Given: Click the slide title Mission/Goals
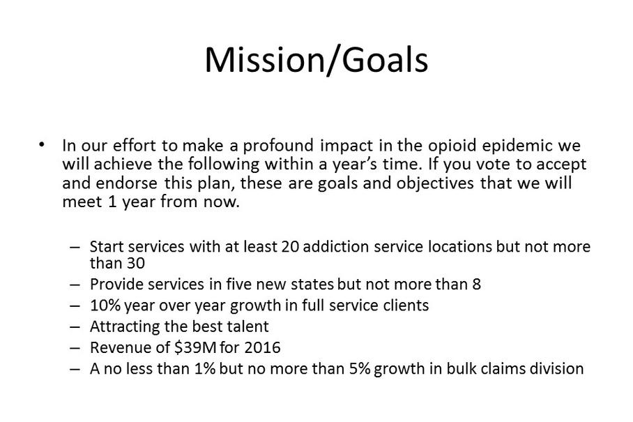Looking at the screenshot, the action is [x=316, y=60].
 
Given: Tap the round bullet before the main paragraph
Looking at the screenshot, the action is [x=41, y=144].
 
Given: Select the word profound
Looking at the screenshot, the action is [x=278, y=146].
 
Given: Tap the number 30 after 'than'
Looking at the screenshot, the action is [x=136, y=263].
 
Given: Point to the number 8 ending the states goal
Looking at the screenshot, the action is [x=476, y=285].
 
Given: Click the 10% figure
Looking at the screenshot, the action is [x=105, y=306].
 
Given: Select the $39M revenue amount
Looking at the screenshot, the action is [x=195, y=347].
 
